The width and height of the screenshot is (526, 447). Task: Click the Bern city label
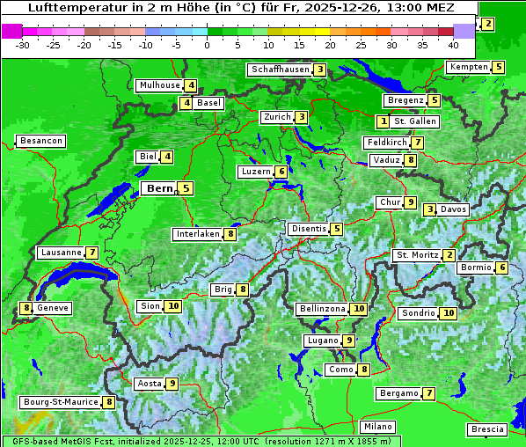coord(160,188)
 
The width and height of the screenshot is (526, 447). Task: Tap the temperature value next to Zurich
coord(302,117)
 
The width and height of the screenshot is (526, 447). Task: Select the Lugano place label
coord(322,341)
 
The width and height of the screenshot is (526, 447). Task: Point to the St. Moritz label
coord(417,255)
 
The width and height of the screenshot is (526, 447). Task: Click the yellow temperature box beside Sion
coord(173,306)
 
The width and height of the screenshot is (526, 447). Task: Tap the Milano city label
coord(378,427)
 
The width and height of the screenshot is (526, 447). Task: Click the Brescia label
coord(487,429)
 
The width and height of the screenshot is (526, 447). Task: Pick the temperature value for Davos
coord(430,209)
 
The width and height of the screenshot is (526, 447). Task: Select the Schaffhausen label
coord(281,70)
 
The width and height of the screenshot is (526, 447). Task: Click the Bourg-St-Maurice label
coord(60,402)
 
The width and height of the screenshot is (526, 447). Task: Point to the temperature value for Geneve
coord(27,308)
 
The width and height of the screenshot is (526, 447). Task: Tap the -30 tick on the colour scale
coord(23,44)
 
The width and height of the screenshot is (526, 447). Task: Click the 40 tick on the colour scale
coord(454,44)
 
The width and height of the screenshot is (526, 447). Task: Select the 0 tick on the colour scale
coord(208,44)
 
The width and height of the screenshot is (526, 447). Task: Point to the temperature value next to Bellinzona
coord(358,309)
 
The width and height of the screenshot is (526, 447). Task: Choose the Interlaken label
coord(198,234)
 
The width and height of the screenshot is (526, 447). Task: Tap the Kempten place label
coord(468,67)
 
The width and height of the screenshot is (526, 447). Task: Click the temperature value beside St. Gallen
coord(384,121)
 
